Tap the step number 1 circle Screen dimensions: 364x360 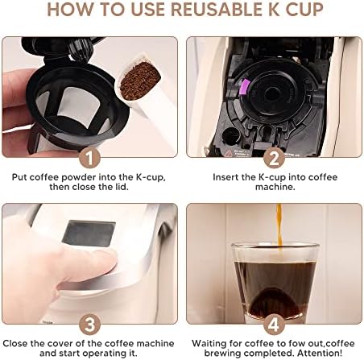click(89, 159)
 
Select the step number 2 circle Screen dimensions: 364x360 click(274, 159)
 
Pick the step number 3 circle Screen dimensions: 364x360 click(89, 325)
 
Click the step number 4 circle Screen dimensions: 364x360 click(274, 325)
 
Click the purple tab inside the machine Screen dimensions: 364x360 click(245, 88)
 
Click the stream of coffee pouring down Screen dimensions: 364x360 click(279, 225)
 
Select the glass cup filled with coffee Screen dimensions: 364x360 click(275, 282)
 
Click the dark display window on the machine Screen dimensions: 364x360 click(89, 234)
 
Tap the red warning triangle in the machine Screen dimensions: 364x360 click(229, 153)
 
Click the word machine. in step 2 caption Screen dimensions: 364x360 click(275, 187)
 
